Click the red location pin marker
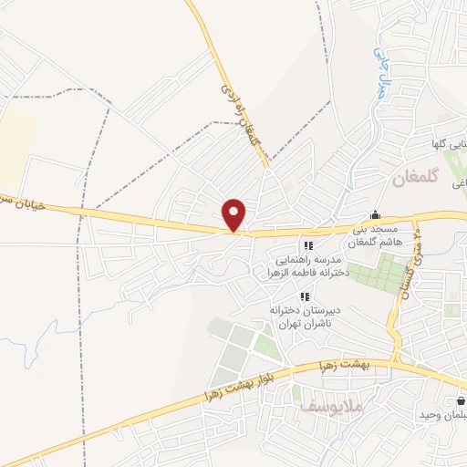[x=235, y=214]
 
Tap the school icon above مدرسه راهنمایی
[x=308, y=245]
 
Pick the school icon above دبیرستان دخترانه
[x=305, y=296]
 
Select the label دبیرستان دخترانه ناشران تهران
[x=297, y=317]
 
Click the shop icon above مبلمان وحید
[x=460, y=400]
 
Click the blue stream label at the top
[x=378, y=73]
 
